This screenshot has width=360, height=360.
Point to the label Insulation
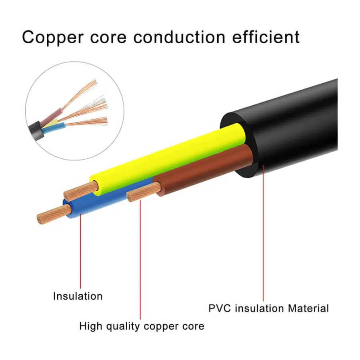click(78, 296)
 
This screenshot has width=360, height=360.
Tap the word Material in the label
click(308, 308)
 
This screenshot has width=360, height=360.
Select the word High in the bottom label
click(91, 326)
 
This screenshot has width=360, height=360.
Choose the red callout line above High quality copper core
click(140, 260)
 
